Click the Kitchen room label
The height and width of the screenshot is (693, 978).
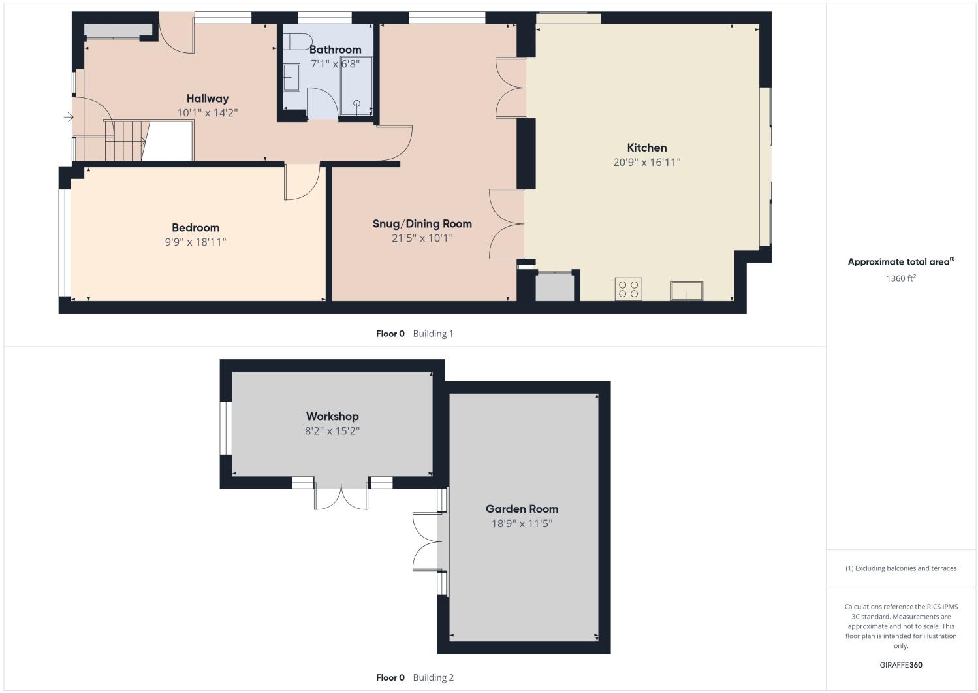pos(646,148)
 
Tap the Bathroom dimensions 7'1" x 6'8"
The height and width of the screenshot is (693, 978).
pos(335,64)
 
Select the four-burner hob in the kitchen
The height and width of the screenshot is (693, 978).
pos(628,289)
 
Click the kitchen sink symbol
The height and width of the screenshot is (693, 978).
pos(687,291)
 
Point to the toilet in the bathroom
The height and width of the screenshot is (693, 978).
pos(298,40)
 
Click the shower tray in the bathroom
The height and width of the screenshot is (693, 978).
pos(356,86)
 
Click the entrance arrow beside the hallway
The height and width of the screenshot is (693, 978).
pos(68,118)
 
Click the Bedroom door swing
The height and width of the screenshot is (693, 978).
pos(301,182)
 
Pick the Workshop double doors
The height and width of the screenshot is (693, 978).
pos(341,497)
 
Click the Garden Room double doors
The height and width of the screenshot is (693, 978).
pos(426,541)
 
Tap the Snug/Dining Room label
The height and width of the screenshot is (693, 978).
pos(422,224)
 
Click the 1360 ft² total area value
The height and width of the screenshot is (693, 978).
pos(900,278)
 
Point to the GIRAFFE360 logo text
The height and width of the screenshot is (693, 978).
pos(900,665)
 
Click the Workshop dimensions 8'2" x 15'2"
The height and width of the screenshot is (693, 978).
pos(332,431)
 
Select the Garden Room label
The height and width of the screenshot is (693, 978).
pos(522,509)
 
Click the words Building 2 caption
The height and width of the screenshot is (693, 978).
pos(433,677)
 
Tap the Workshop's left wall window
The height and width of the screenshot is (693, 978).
pos(226,428)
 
